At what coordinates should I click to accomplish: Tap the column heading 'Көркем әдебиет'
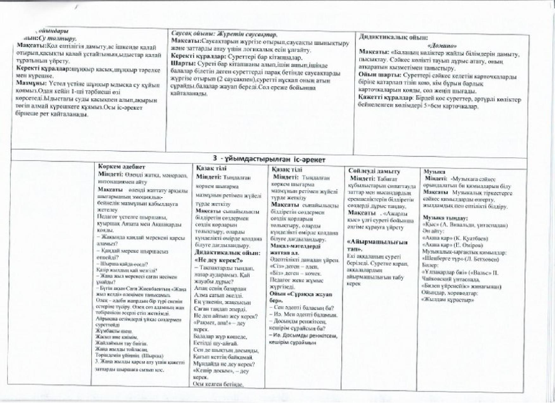click(122, 167)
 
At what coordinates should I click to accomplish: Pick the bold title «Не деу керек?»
click(218, 261)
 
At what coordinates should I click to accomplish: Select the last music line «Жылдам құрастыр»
click(448, 300)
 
